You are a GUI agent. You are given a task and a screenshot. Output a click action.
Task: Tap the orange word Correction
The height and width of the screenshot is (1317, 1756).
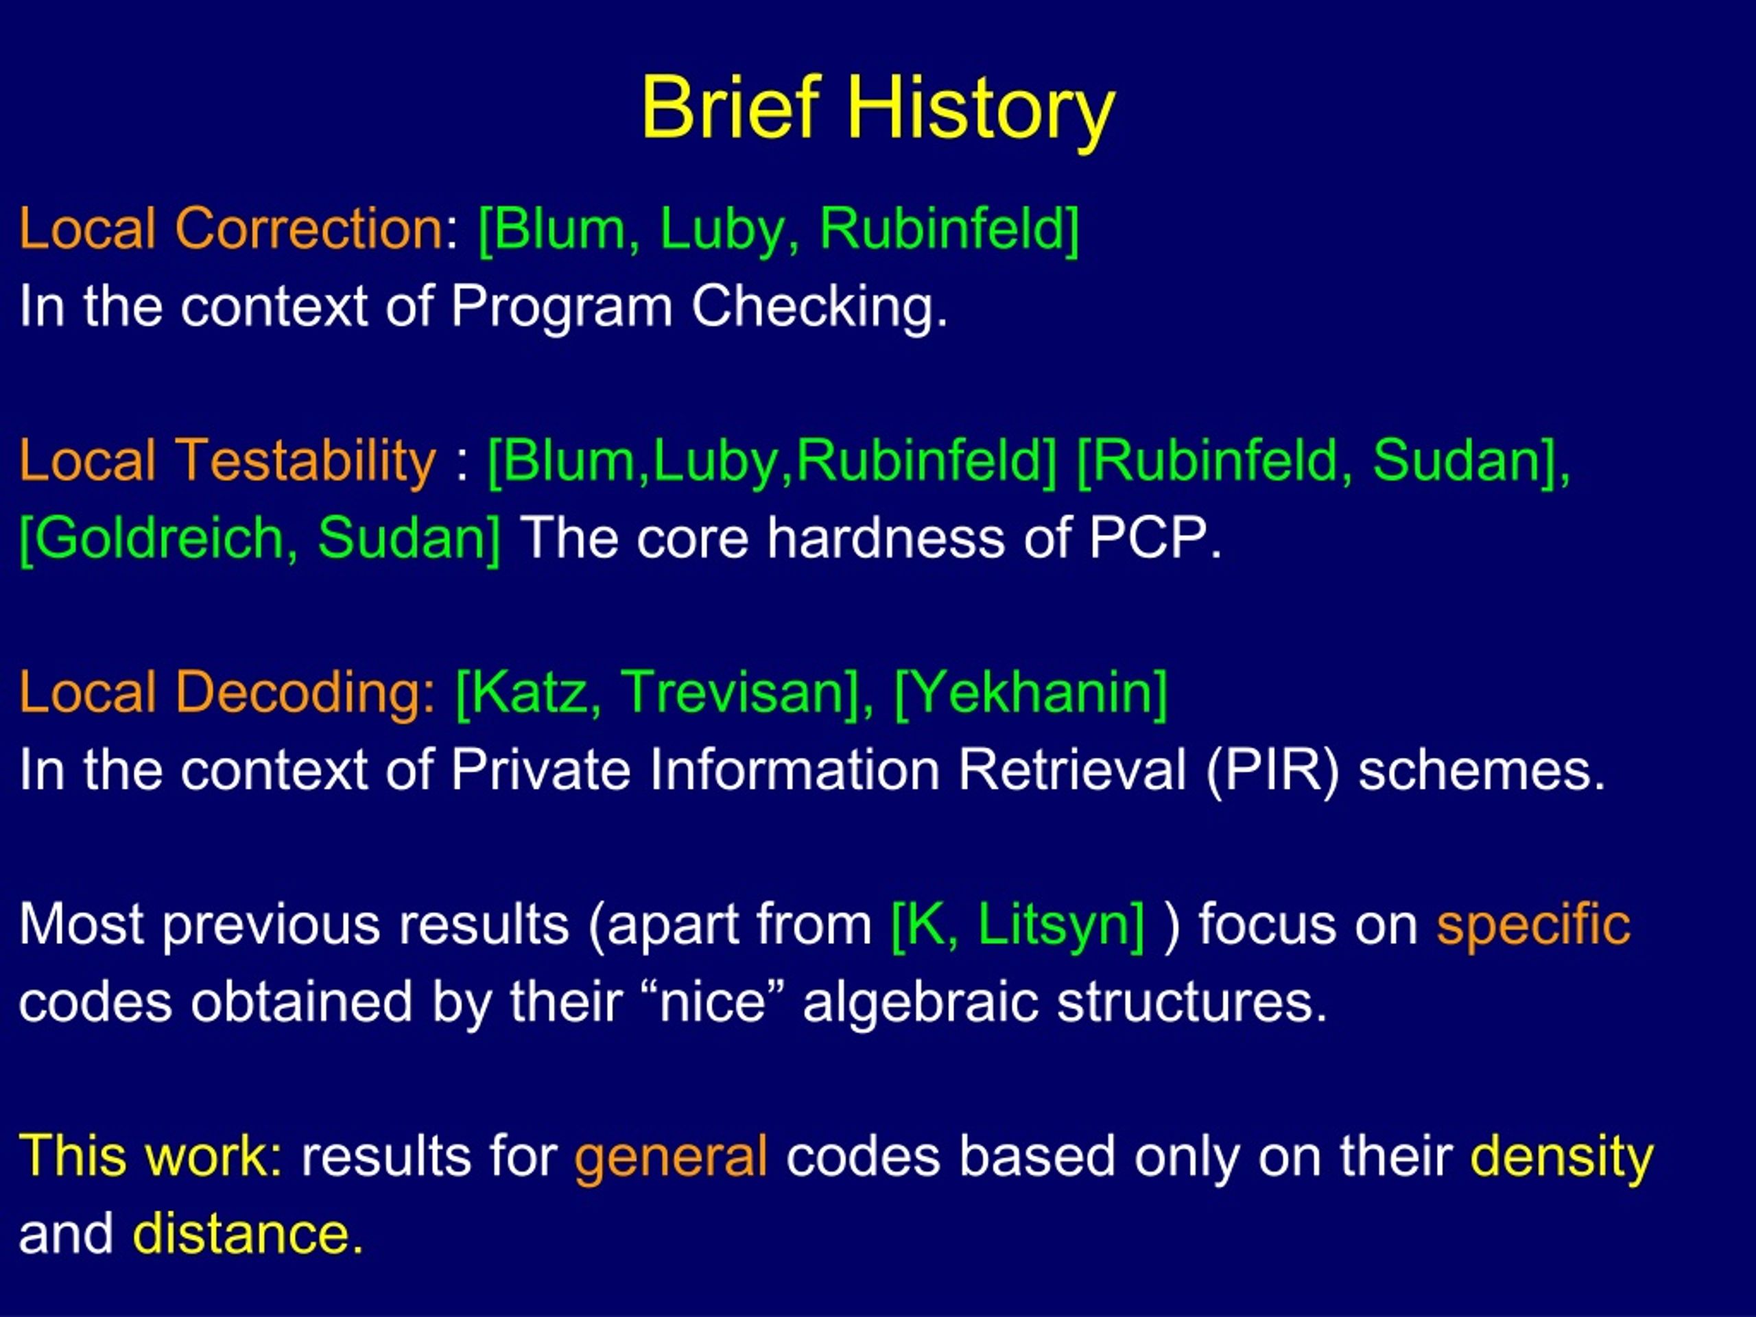click(x=308, y=228)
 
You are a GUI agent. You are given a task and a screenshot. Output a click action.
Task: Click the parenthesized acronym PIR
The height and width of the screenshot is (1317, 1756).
click(x=1272, y=771)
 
